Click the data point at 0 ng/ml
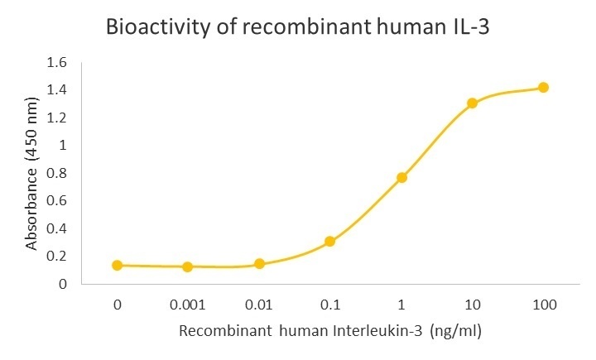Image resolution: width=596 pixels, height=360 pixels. (117, 266)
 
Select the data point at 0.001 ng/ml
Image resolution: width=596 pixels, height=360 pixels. (188, 266)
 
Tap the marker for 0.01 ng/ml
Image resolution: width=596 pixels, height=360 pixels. (259, 264)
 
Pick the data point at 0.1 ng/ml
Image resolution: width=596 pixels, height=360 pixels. (329, 242)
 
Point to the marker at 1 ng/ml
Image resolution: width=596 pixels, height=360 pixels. (401, 177)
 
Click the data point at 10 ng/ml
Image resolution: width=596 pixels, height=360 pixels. (473, 103)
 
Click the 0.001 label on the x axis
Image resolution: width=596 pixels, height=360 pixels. (188, 304)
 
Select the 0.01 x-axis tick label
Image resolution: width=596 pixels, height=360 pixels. (259, 304)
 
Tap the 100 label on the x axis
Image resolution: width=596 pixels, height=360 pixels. (544, 304)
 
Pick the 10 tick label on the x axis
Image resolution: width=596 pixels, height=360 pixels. (473, 304)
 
